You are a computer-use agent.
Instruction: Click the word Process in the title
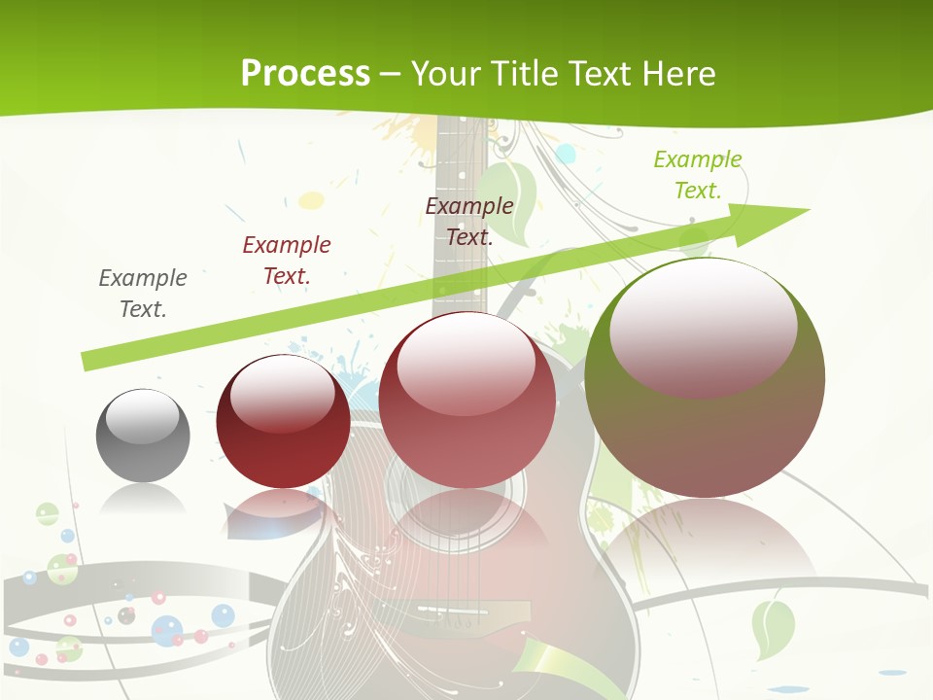[x=305, y=73]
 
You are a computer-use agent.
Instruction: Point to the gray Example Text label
[x=143, y=293]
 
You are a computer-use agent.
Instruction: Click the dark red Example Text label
[x=287, y=260]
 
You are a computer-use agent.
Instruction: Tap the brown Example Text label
[x=469, y=221]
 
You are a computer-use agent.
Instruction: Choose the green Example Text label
[x=698, y=175]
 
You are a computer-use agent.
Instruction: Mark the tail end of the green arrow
[x=87, y=361]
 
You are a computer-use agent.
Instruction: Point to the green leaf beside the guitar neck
[x=509, y=199]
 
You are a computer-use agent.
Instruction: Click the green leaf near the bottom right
[x=773, y=628]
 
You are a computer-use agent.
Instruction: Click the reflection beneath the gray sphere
[x=143, y=500]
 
